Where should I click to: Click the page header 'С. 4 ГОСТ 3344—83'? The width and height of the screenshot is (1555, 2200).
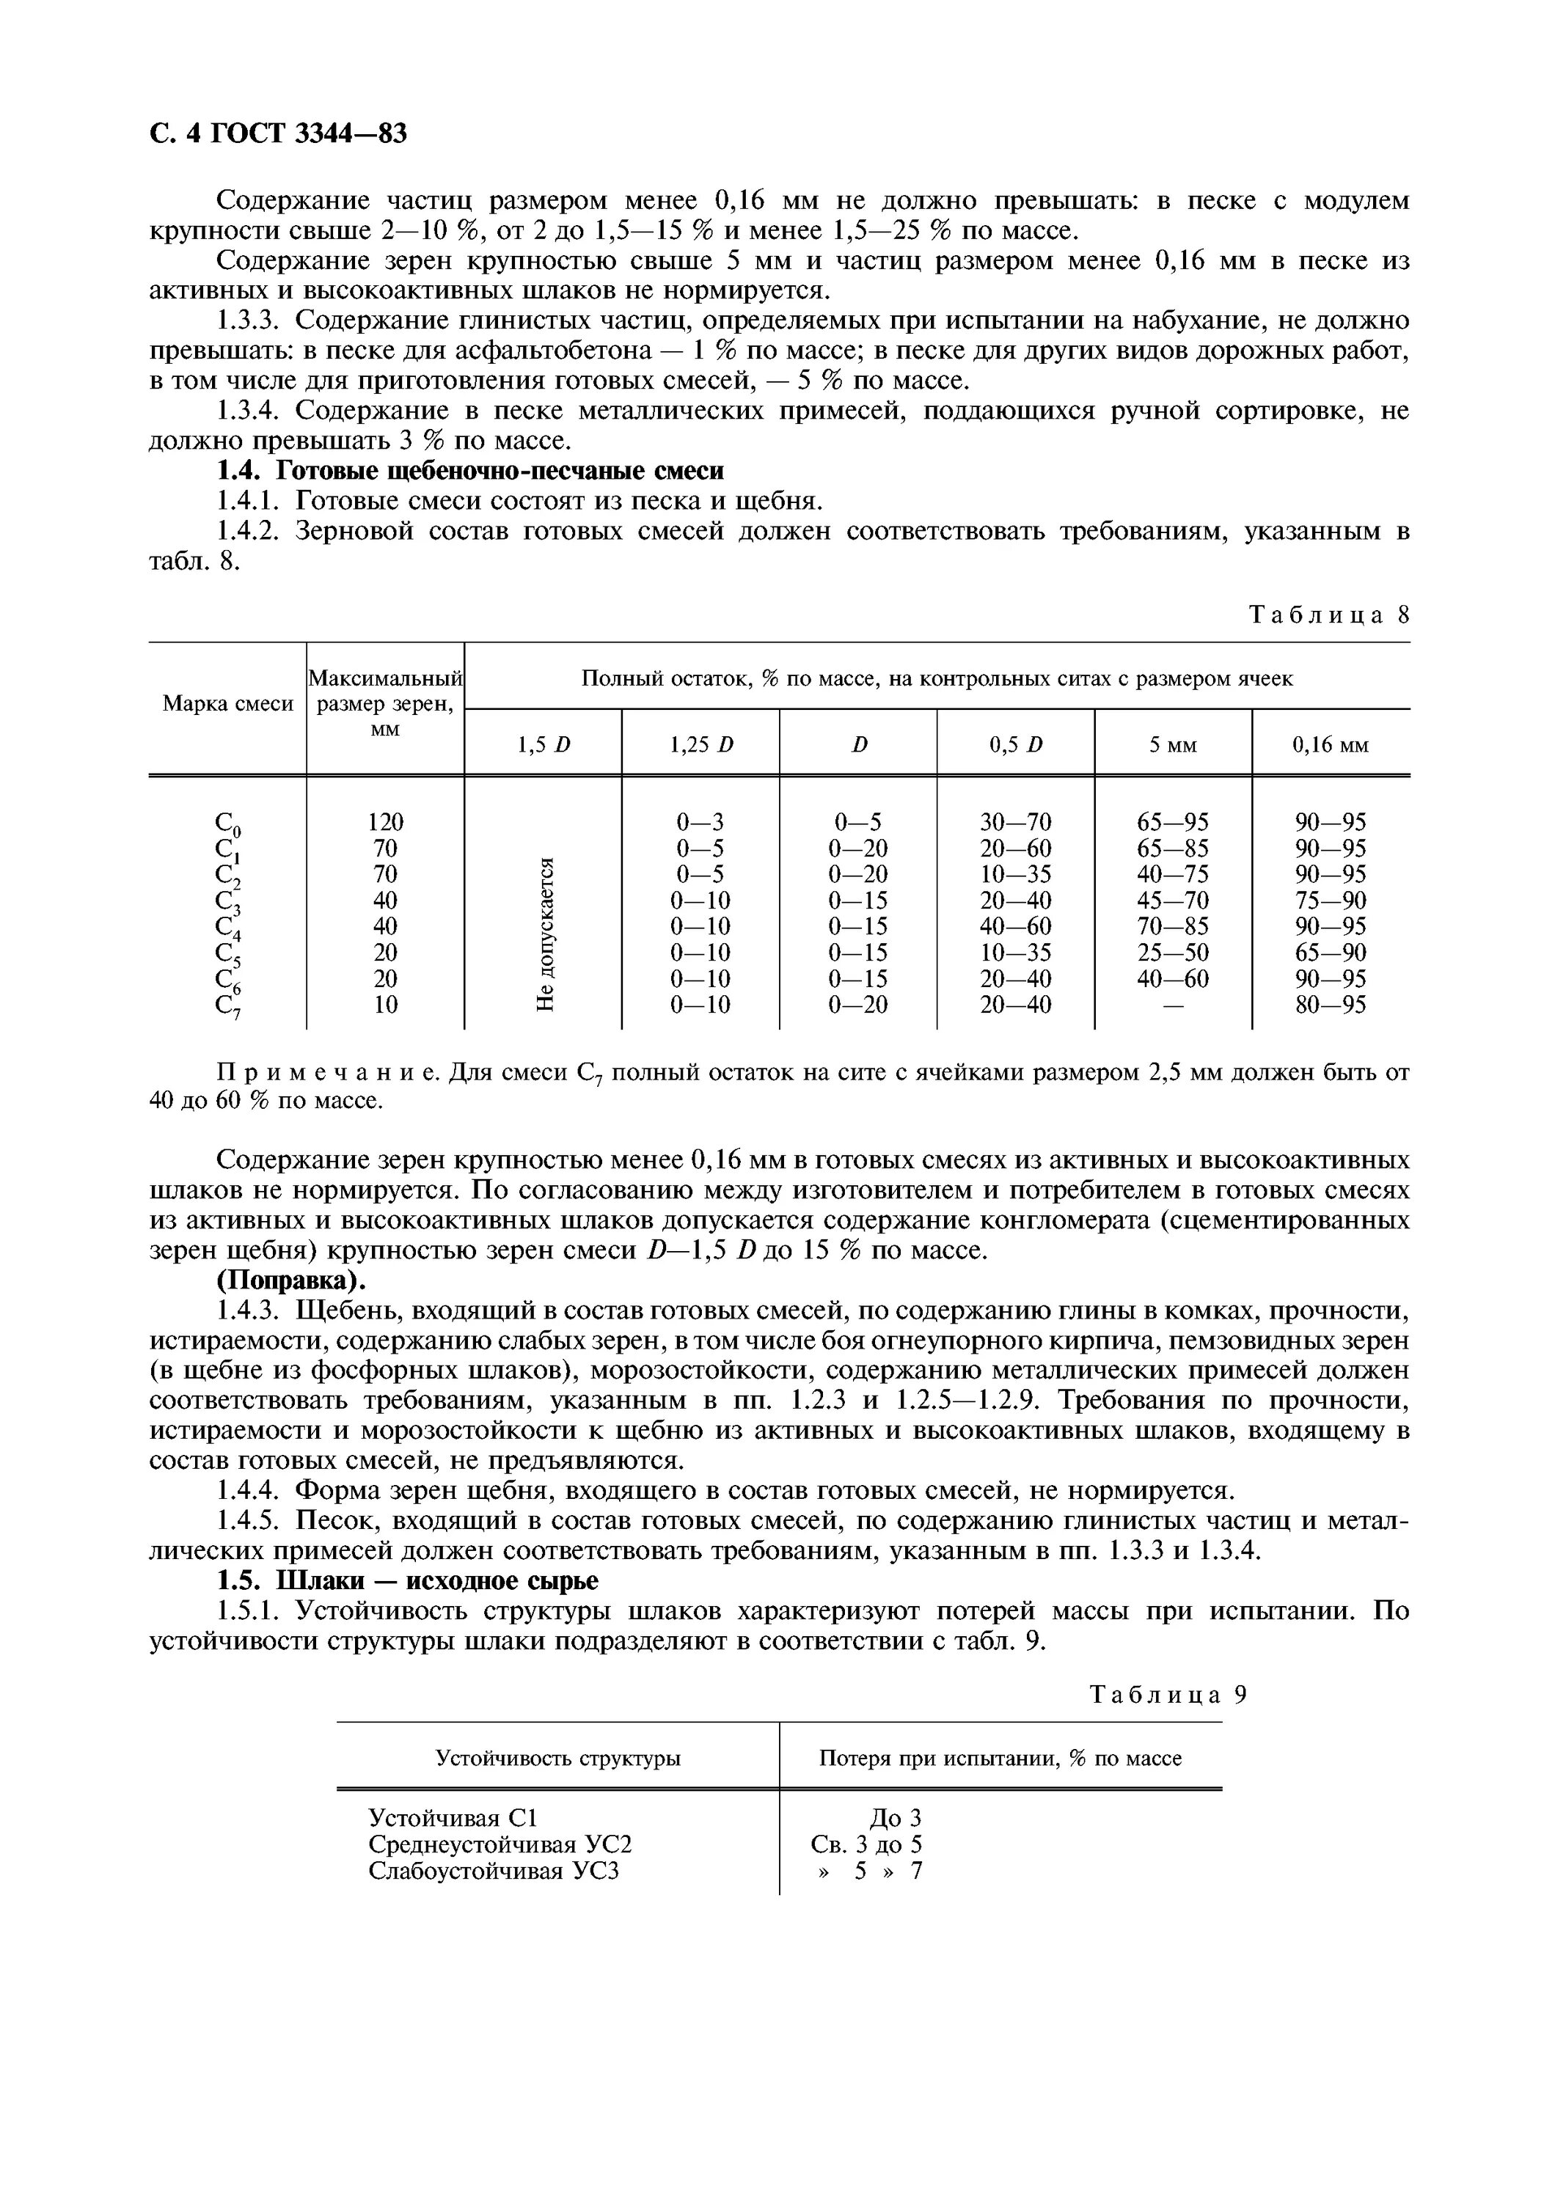click(279, 133)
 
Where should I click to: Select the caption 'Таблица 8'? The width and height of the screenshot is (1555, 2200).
click(1329, 615)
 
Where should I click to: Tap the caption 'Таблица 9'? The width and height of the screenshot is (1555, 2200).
click(1169, 1695)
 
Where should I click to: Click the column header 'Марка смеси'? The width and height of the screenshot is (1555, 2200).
click(227, 704)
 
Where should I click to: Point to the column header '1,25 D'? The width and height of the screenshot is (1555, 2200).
click(701, 744)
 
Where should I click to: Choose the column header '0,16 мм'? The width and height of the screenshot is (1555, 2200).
click(1330, 744)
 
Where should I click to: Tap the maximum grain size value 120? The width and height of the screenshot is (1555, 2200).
click(385, 822)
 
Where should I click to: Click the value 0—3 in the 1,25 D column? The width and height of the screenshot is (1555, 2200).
click(700, 822)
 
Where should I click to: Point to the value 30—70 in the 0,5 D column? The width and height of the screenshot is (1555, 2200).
click(1016, 822)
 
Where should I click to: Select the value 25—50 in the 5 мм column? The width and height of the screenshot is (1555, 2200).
click(1173, 953)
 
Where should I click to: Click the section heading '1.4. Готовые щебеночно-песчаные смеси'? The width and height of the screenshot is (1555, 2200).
click(469, 471)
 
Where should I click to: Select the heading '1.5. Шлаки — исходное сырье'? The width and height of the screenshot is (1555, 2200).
click(407, 1580)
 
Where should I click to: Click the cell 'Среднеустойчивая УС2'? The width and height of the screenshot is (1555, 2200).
click(500, 1844)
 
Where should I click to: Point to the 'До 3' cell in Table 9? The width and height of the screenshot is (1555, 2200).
click(895, 1818)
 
